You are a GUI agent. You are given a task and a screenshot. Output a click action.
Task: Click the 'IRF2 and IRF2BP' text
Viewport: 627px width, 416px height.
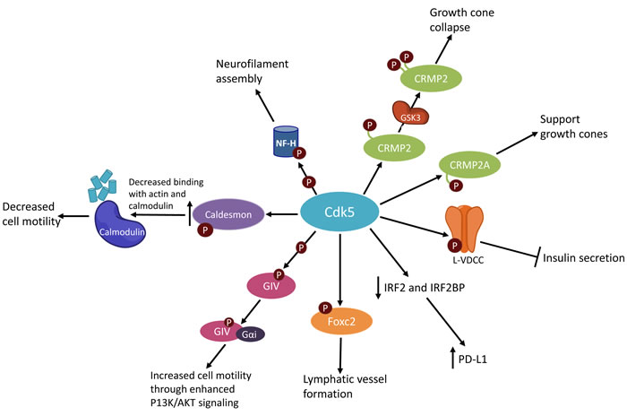point(431,287)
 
